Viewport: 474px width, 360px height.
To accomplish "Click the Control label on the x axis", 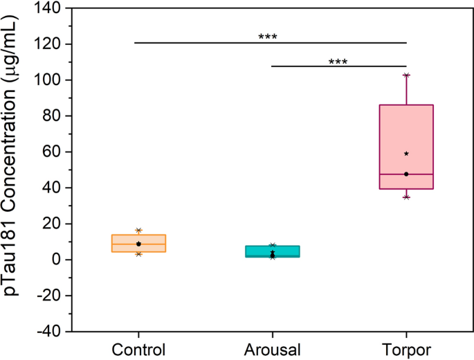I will [x=139, y=348].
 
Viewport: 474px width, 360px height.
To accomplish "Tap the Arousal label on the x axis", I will [x=273, y=348].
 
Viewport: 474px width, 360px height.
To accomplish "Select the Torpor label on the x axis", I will [x=406, y=348].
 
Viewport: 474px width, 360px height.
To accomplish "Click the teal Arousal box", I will [x=273, y=251].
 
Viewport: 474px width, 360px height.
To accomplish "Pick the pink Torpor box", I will [x=406, y=147].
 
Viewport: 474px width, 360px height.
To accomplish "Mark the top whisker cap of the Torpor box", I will [x=406, y=75].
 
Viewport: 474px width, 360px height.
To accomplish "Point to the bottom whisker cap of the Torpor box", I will [x=406, y=197].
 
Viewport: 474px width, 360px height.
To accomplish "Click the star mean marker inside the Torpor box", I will [x=406, y=154].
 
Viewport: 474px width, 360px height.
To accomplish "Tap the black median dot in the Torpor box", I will [x=406, y=174].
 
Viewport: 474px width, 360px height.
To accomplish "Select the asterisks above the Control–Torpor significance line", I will [x=268, y=37].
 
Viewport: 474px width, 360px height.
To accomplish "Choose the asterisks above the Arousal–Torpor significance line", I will [x=338, y=61].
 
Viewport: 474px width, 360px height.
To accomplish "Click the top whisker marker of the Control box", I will [x=139, y=231].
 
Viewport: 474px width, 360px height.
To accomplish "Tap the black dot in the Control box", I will [x=139, y=244].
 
